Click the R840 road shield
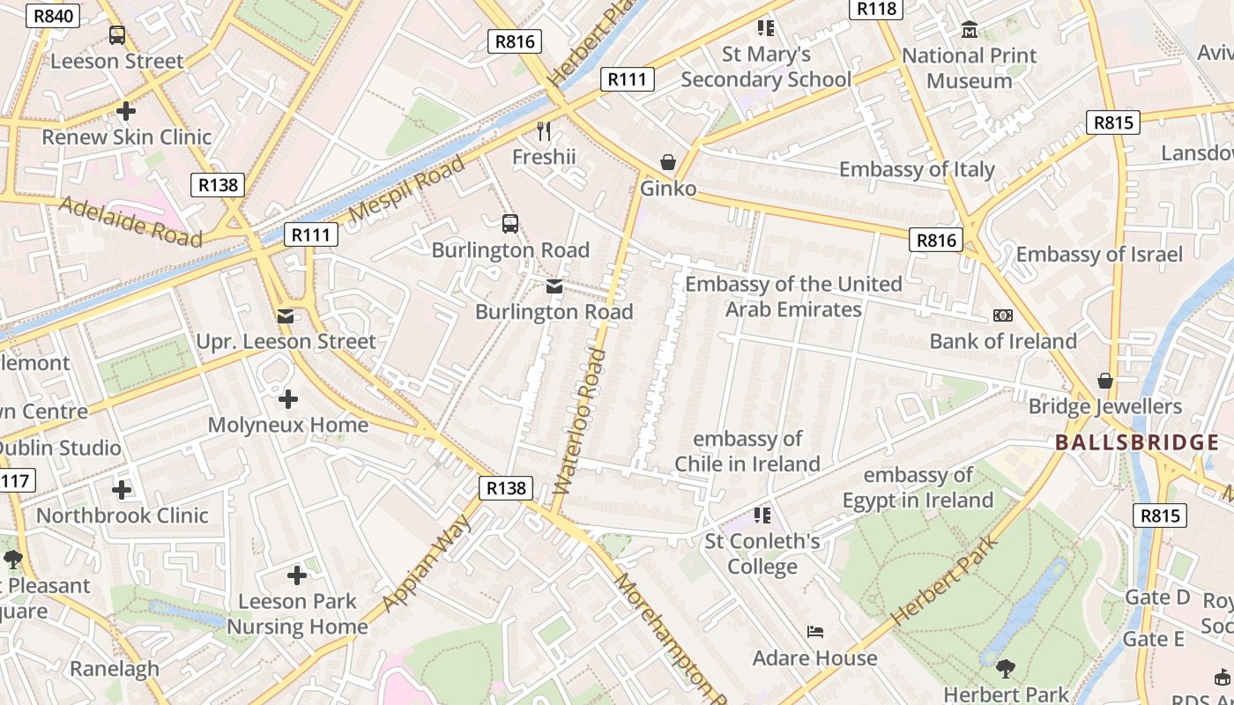(x=53, y=16)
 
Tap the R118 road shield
(x=875, y=9)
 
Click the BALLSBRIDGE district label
(x=1136, y=442)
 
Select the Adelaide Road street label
(x=130, y=220)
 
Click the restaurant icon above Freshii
(x=544, y=131)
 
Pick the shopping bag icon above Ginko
(x=668, y=162)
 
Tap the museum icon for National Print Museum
(x=970, y=30)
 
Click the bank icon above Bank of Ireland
(x=1002, y=315)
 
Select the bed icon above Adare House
(x=815, y=632)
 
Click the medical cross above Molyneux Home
(x=288, y=399)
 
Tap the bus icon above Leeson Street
(x=117, y=35)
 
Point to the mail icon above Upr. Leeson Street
(x=286, y=315)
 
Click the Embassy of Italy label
(x=917, y=169)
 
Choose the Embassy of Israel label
(x=1099, y=255)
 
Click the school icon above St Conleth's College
(x=762, y=515)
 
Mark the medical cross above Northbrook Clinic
(x=122, y=490)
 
